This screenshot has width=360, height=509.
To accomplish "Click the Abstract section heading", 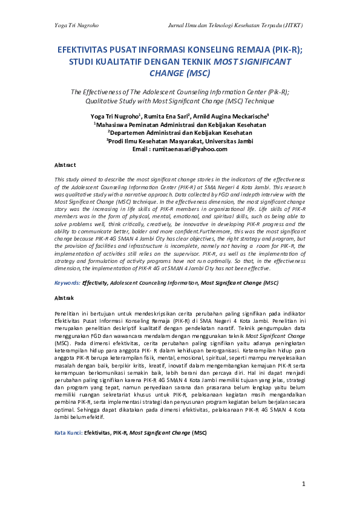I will click(x=65, y=164).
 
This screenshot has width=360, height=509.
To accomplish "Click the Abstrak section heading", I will click(x=64, y=298).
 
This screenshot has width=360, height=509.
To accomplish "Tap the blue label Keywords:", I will click(x=67, y=282).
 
